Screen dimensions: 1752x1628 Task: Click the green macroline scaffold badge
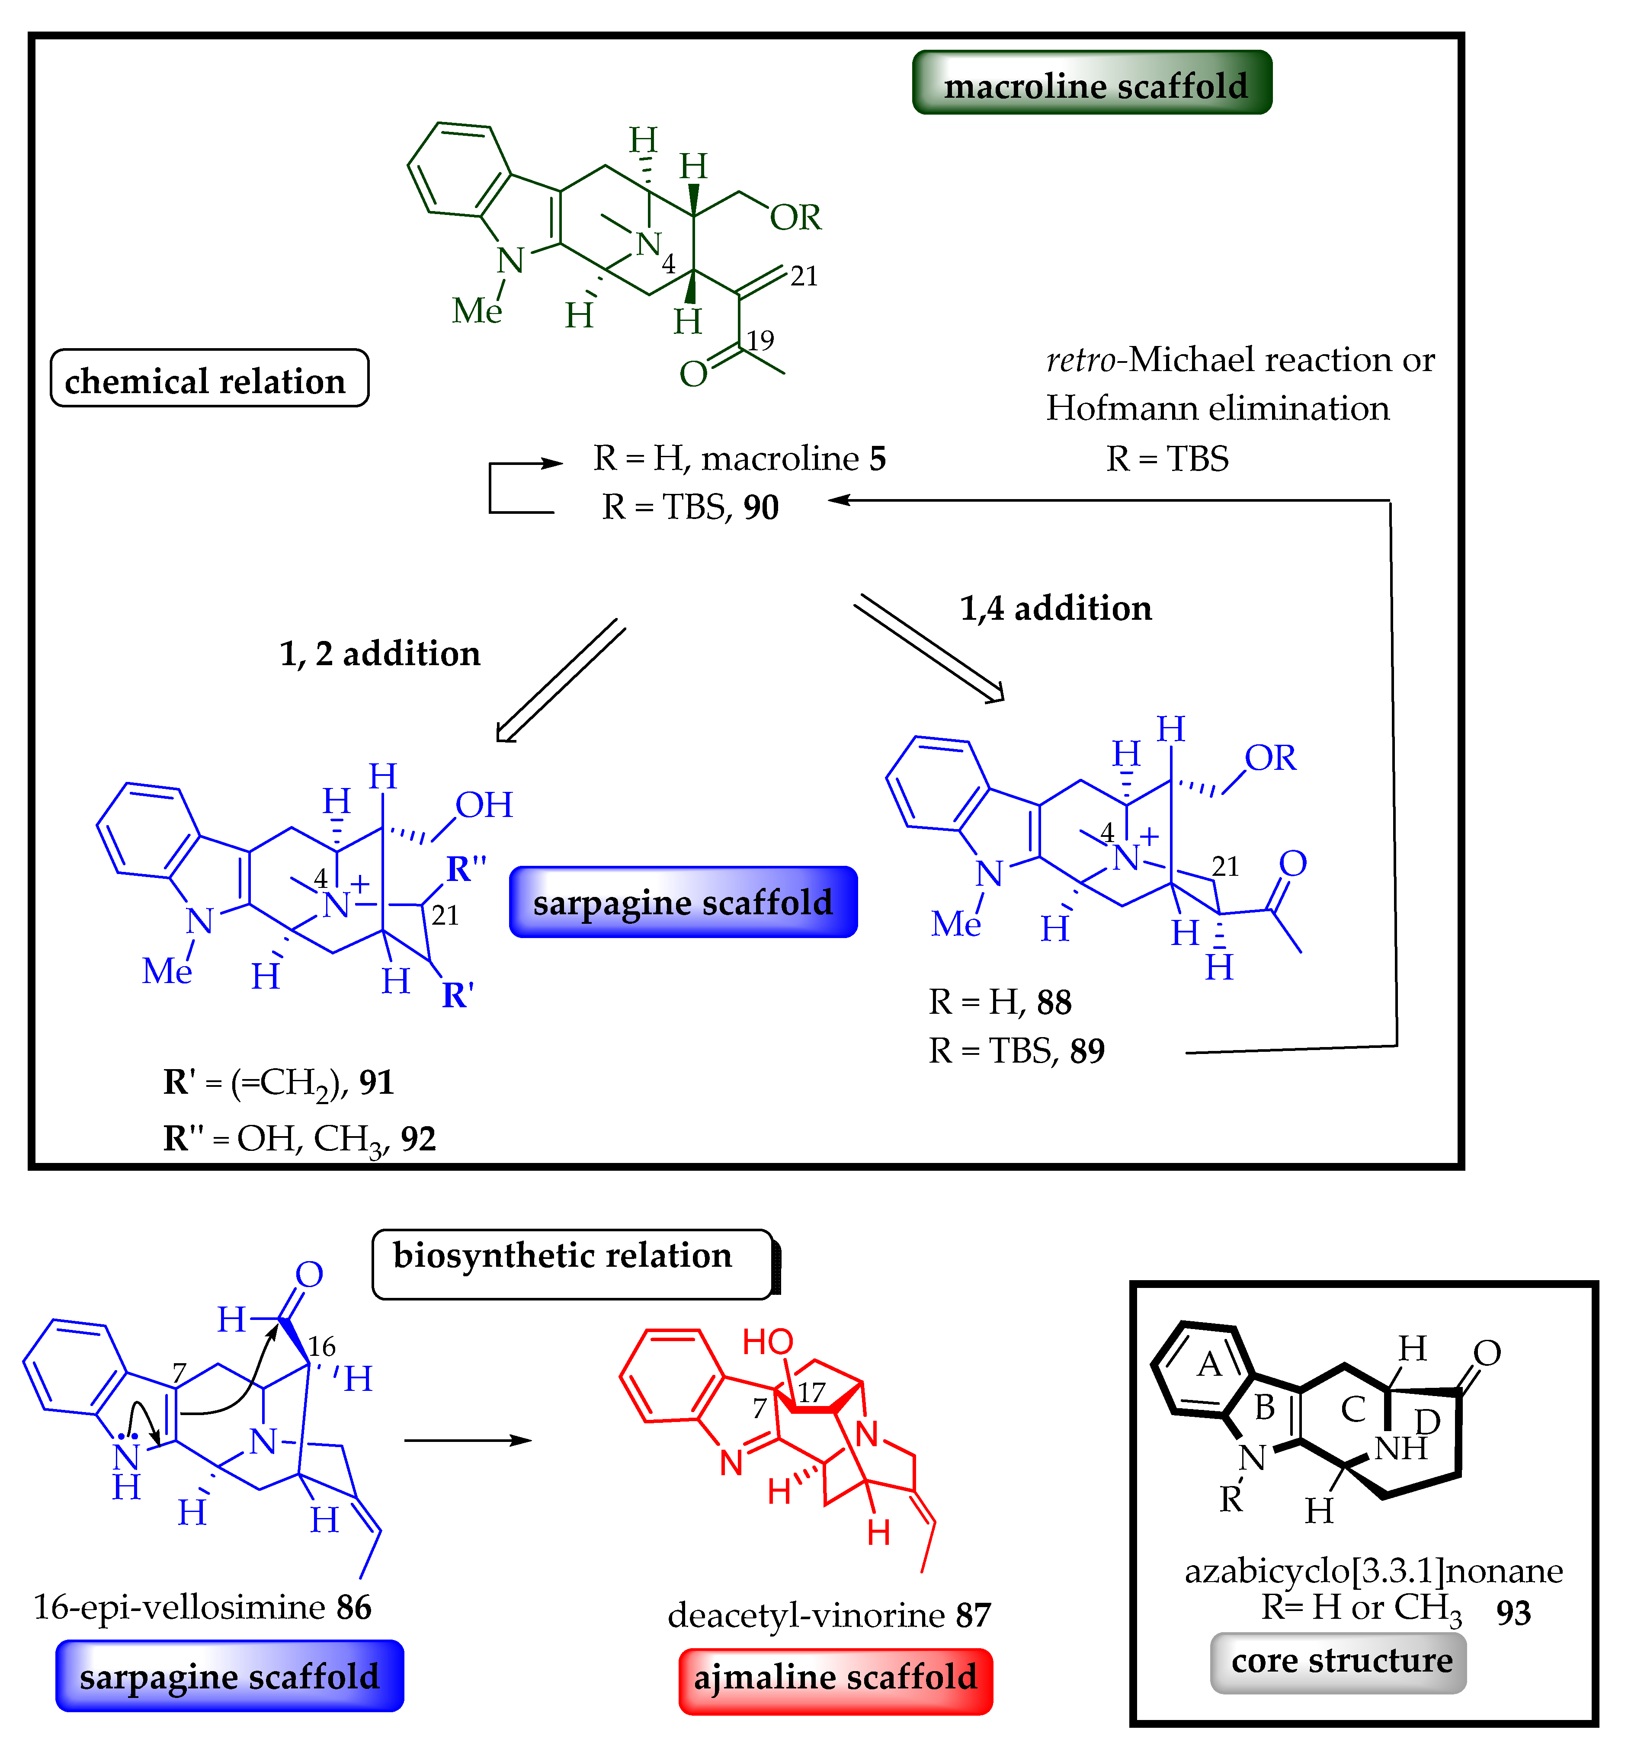tap(1093, 83)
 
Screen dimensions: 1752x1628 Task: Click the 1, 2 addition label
tap(380, 653)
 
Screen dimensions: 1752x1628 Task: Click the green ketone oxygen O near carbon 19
tap(693, 375)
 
